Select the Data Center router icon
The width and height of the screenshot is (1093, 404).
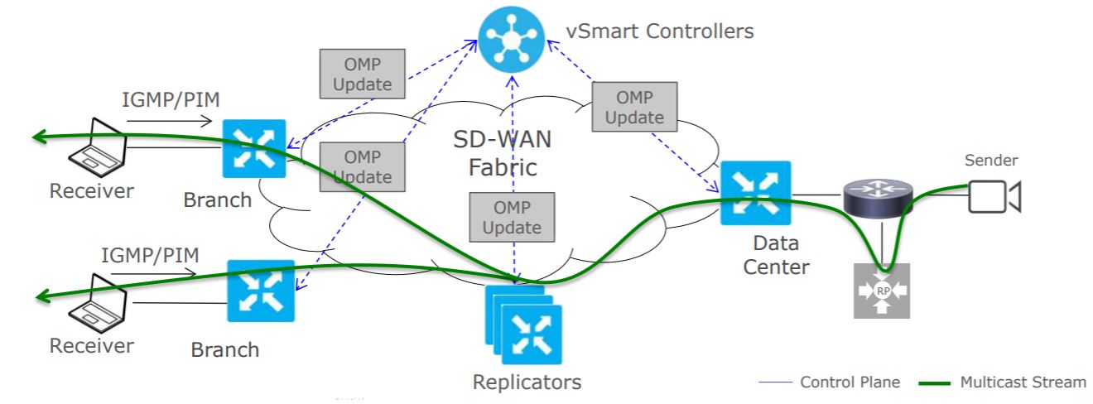[755, 192]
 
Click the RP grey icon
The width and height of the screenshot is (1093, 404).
[882, 291]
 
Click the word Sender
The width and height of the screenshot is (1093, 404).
[991, 161]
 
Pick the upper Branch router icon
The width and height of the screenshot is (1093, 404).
[254, 149]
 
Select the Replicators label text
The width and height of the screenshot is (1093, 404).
[527, 382]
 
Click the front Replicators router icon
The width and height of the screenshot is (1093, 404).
[532, 334]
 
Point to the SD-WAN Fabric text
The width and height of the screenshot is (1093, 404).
[503, 153]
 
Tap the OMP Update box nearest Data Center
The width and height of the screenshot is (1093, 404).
[634, 107]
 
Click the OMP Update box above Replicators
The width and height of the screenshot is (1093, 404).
[511, 217]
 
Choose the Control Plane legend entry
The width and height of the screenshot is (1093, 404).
[828, 382]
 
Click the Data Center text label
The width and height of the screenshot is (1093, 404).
[776, 255]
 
